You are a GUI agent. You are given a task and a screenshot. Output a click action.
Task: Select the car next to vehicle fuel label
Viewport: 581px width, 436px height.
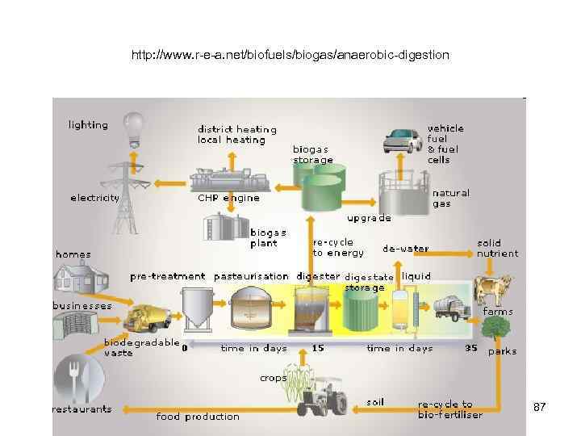(403, 140)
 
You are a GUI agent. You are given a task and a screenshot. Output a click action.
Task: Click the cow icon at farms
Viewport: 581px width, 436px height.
(493, 289)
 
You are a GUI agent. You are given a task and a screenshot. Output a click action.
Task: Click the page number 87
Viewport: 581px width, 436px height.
(540, 408)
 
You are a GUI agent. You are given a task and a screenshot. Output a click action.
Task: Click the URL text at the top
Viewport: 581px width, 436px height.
(290, 56)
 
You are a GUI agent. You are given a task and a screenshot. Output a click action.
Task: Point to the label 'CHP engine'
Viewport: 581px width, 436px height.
(228, 198)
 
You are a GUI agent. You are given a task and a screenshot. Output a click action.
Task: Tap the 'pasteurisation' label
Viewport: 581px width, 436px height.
(251, 276)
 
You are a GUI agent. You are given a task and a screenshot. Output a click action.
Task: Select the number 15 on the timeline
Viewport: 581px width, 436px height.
(318, 349)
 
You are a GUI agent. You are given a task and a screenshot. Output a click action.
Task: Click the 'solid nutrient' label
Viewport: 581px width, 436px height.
(497, 248)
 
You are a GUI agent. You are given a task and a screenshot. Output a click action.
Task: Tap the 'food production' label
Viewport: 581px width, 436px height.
(198, 417)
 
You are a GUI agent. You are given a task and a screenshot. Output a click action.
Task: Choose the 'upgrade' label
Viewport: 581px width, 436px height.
(369, 218)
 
